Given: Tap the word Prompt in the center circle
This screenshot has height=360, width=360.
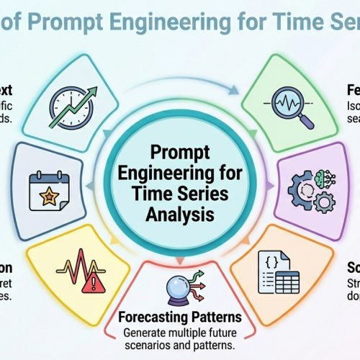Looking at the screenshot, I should coord(180,153).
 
